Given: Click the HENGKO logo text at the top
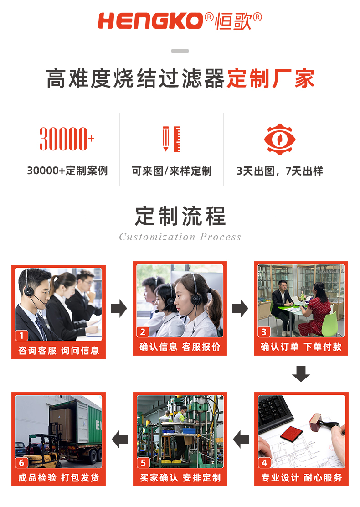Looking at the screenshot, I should (150, 21).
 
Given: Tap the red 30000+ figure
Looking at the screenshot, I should (67, 139).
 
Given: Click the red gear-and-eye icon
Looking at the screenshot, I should (280, 139).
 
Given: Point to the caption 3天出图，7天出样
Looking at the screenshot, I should (280, 171).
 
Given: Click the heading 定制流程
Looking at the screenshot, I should (180, 216).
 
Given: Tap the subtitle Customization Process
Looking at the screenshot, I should (180, 237).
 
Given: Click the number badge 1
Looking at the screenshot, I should (22, 336).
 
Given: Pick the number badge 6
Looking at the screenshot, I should (22, 463).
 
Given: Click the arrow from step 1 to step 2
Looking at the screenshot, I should (119, 309).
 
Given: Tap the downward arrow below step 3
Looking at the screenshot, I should (301, 373).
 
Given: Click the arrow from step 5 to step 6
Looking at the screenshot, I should (120, 440).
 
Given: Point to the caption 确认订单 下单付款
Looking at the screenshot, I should (301, 347).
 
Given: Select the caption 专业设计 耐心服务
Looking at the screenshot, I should (301, 478).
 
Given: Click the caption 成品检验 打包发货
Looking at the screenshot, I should (58, 478).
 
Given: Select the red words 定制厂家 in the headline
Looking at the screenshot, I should (271, 79).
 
